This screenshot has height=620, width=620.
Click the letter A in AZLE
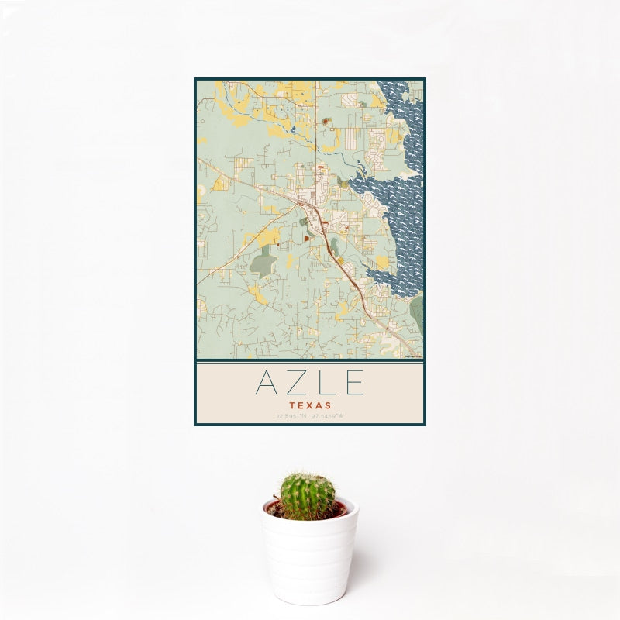pos(265,383)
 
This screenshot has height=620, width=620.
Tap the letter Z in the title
pos(295,383)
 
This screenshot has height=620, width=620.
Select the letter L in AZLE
pos(325,383)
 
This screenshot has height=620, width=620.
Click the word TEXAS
pos(310,405)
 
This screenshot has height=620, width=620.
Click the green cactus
pos(308,495)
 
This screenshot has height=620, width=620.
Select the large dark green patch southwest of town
pos(263,263)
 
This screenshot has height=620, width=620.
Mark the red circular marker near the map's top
pos(326,121)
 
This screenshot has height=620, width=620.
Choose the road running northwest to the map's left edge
pos(232,174)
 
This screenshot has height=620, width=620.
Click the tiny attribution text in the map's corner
pos(412,356)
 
